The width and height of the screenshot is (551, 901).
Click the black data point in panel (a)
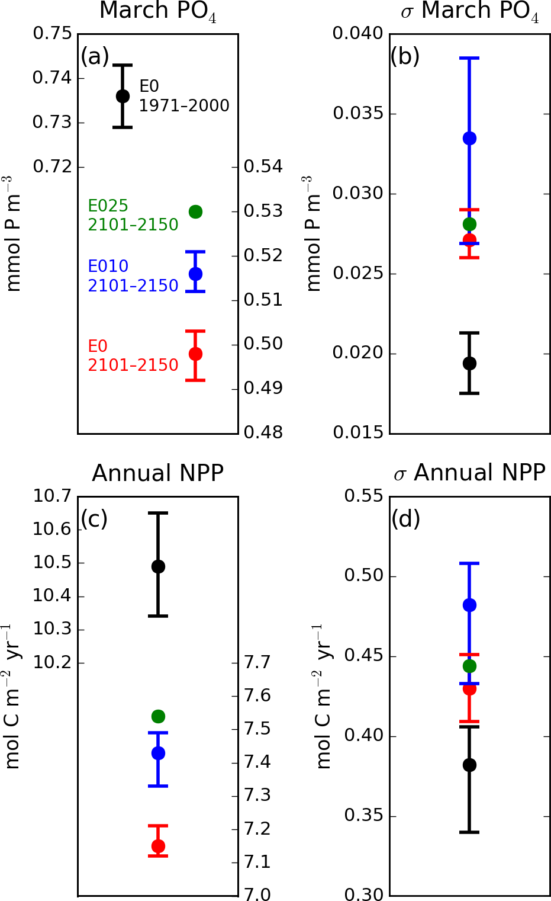click(x=123, y=96)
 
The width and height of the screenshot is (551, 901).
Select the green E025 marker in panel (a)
click(x=195, y=211)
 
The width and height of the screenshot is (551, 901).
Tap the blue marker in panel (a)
click(x=195, y=274)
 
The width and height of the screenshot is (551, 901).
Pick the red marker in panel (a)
click(x=195, y=354)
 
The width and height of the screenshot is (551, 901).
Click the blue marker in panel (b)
click(x=469, y=138)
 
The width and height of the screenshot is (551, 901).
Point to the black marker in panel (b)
click(x=469, y=363)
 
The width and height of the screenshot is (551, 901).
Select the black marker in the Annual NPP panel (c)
click(x=158, y=566)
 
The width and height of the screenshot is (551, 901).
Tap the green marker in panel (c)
click(x=158, y=716)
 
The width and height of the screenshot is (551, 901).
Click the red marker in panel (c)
click(x=158, y=846)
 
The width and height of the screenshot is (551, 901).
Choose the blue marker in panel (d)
click(x=469, y=605)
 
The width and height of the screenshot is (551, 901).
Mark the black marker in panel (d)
click(x=469, y=765)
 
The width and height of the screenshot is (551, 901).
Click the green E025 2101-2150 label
click(x=133, y=215)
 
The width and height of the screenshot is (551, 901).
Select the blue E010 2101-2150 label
click(x=133, y=276)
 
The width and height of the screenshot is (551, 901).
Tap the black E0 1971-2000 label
click(x=183, y=96)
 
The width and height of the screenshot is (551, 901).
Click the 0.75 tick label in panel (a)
click(x=52, y=34)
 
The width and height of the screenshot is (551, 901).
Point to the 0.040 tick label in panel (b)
click(x=357, y=34)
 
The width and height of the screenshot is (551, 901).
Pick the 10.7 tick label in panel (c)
click(x=52, y=496)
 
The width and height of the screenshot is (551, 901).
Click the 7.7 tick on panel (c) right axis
click(x=257, y=662)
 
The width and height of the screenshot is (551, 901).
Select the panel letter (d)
click(x=405, y=519)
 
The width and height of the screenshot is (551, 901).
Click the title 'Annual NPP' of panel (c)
click(x=158, y=473)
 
